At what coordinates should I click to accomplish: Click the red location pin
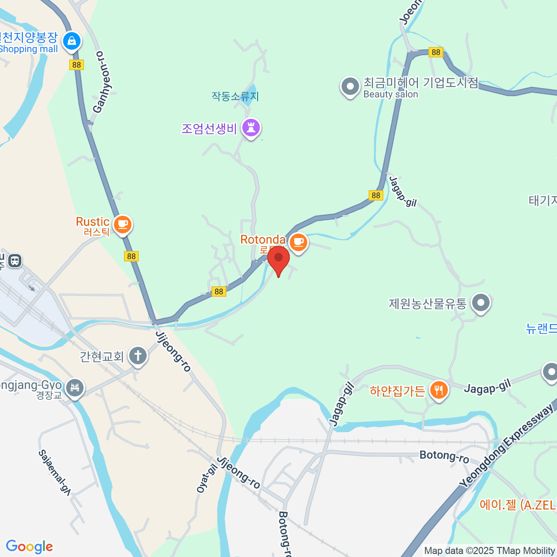tap(278, 258)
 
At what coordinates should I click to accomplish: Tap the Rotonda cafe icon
tap(298, 242)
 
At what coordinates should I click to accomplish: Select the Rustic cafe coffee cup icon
tap(123, 224)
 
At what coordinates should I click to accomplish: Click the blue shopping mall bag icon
tap(72, 41)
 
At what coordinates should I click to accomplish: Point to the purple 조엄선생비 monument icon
tap(251, 127)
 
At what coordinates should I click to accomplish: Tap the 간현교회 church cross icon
tap(137, 356)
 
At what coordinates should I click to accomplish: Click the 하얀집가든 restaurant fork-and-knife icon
tap(438, 390)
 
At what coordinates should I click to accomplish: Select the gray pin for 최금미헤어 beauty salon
tap(350, 86)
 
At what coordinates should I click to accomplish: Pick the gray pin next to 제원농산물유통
tap(481, 303)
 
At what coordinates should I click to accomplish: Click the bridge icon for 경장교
tap(75, 387)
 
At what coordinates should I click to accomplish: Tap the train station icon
tap(15, 260)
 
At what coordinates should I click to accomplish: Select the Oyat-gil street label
tap(207, 479)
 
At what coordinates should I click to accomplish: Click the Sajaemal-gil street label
tap(54, 473)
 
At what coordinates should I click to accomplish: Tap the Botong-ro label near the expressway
tap(444, 456)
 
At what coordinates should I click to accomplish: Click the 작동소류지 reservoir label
tap(235, 97)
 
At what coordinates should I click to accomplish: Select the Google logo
tap(29, 547)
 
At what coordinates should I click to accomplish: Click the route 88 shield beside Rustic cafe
tap(131, 256)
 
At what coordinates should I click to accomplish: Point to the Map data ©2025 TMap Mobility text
tap(490, 551)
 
